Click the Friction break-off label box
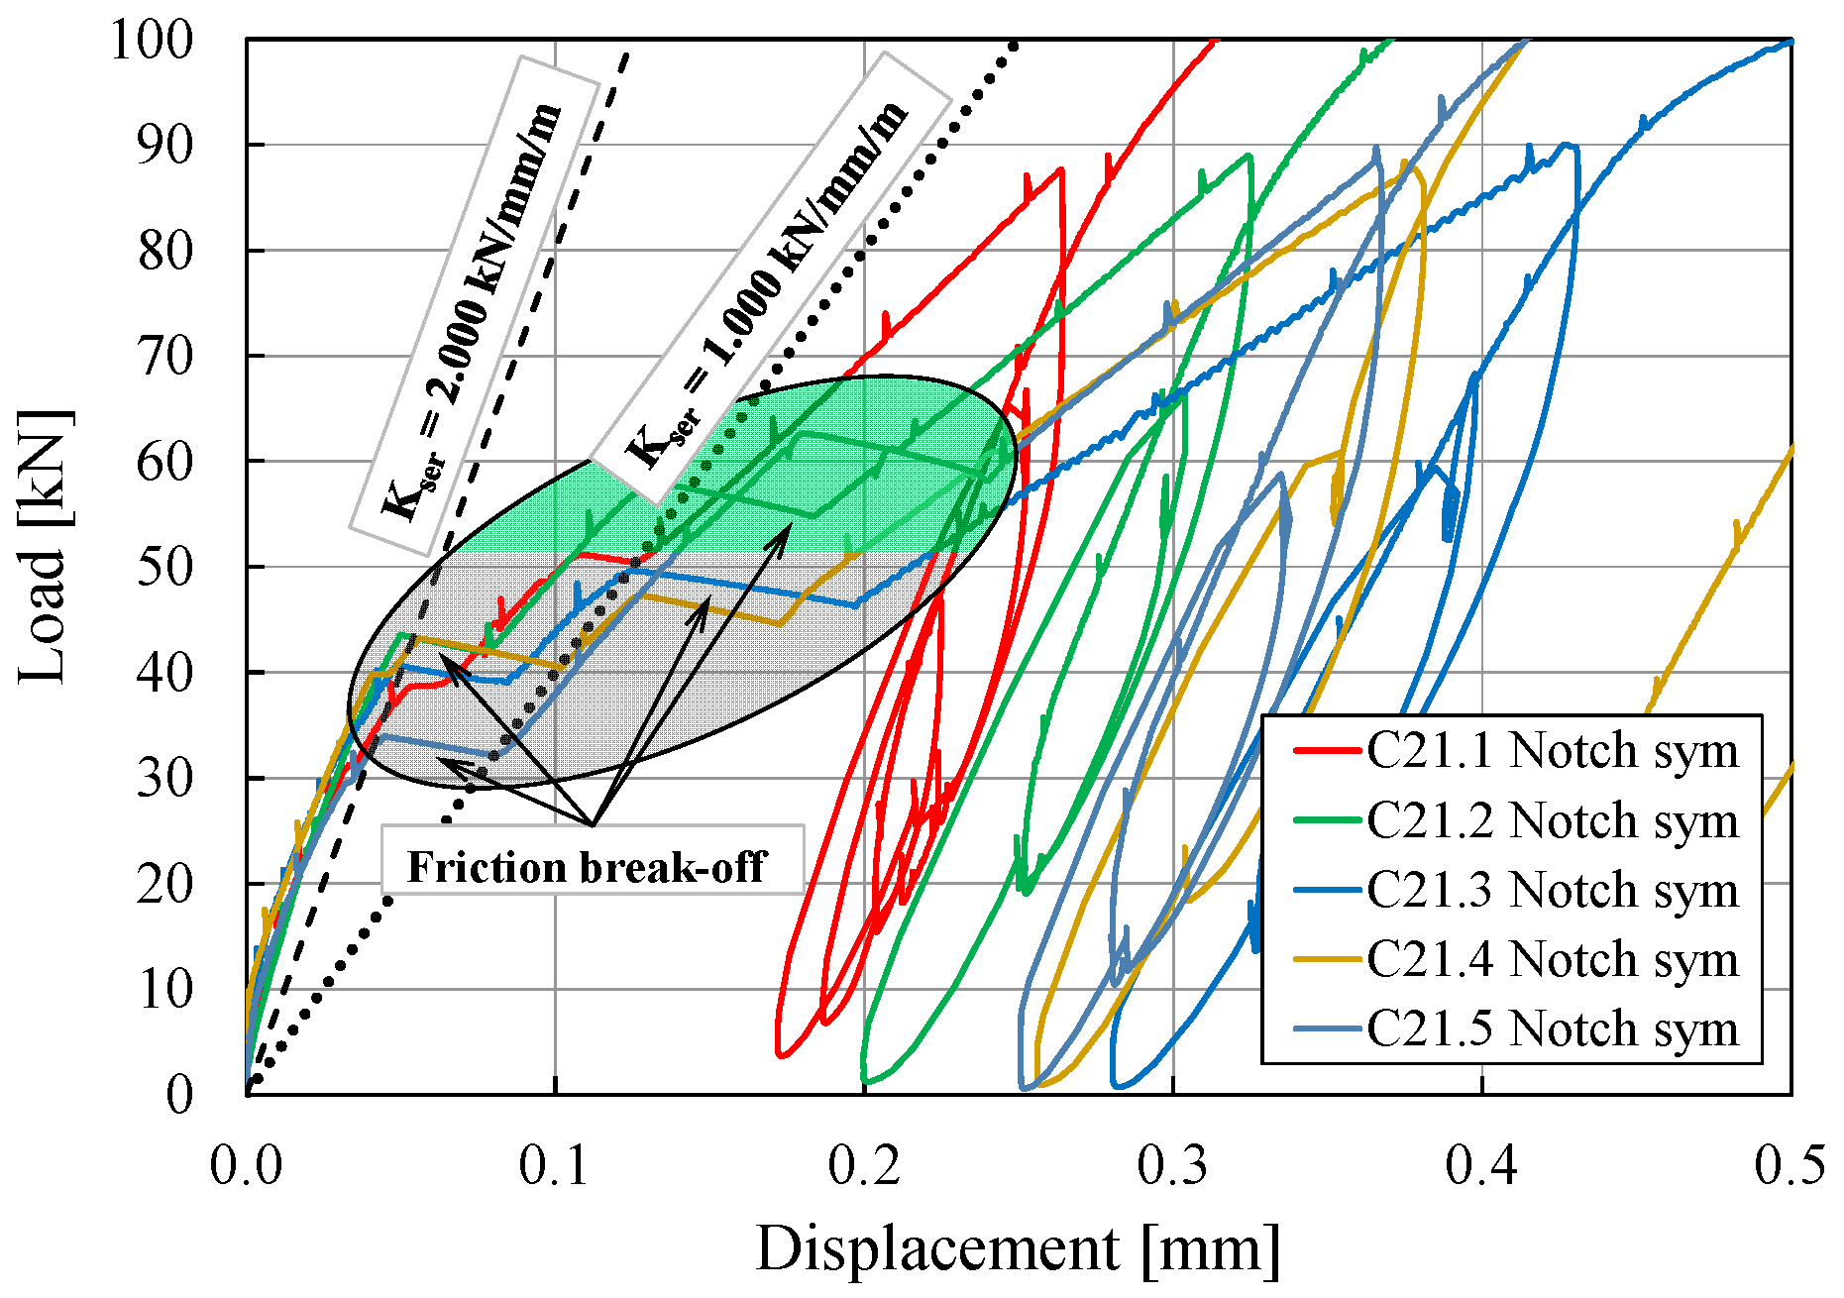[591, 867]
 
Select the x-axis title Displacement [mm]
[1018, 1248]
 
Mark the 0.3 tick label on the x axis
[1173, 1165]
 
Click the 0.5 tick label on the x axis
[1790, 1165]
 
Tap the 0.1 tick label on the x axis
[556, 1165]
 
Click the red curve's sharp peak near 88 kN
[1061, 168]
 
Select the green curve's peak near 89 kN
[1248, 155]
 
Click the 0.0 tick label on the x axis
[247, 1165]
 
